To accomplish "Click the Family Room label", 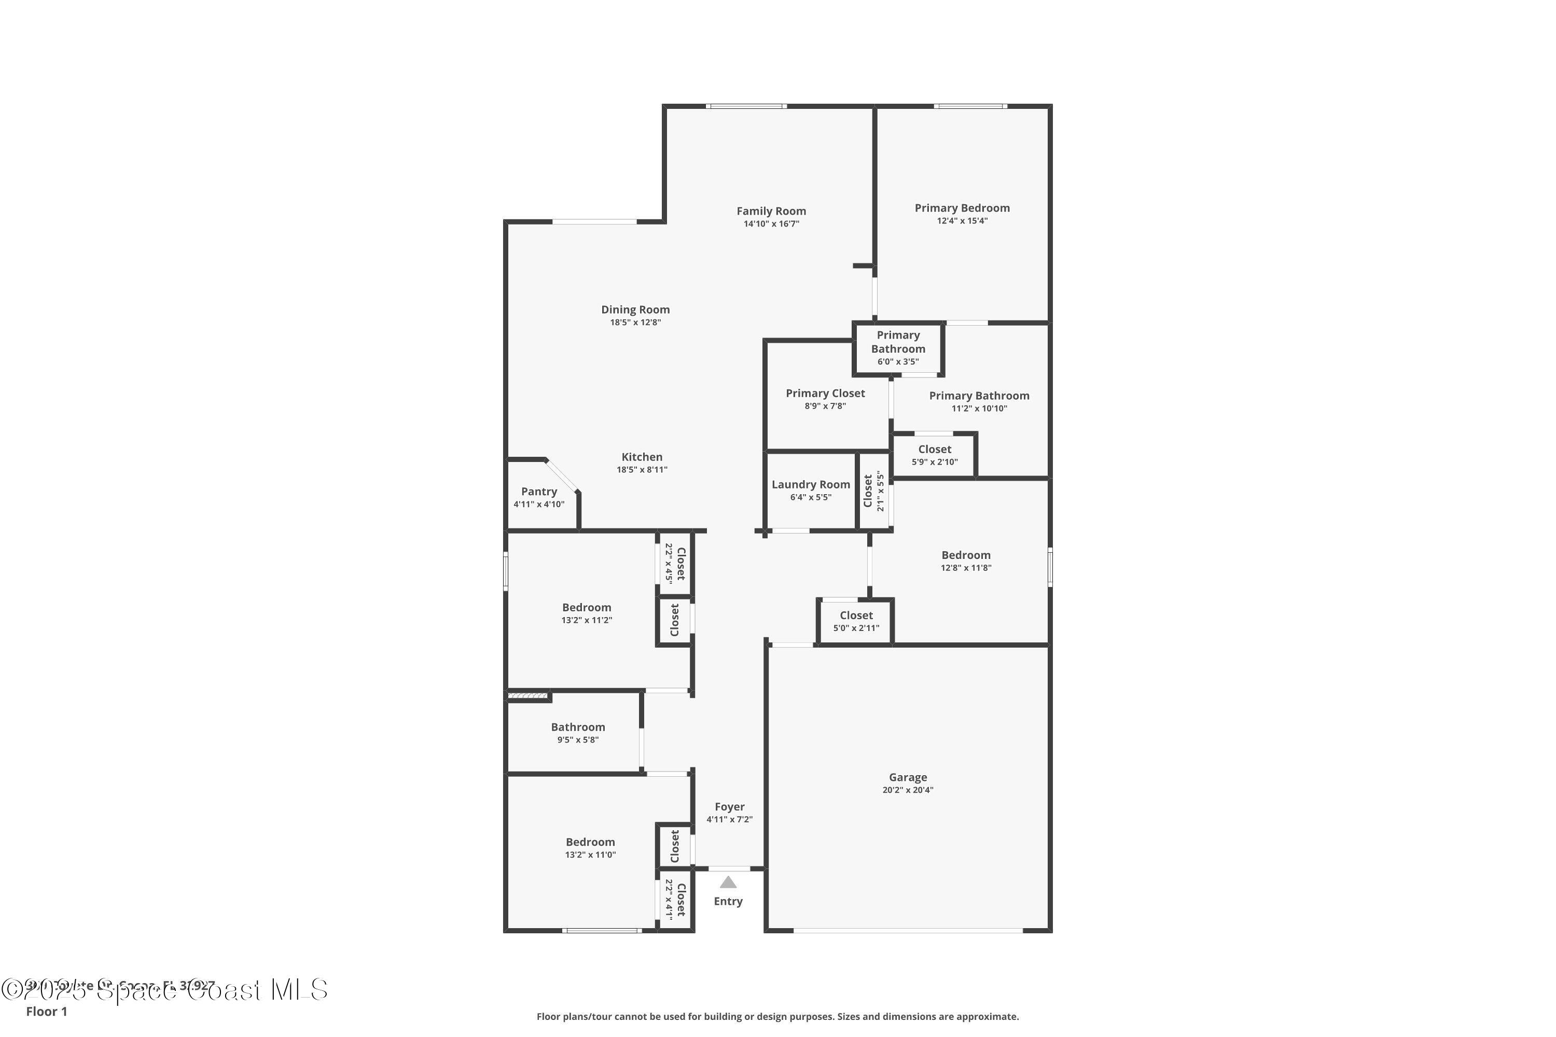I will pyautogui.click(x=771, y=211).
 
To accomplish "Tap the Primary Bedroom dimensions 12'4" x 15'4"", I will pyautogui.click(x=962, y=221).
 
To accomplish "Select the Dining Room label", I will pyautogui.click(x=635, y=310).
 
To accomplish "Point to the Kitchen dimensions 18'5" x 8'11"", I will pyautogui.click(x=642, y=470).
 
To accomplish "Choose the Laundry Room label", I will pyautogui.click(x=810, y=485).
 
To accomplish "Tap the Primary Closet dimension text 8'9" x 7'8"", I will pyautogui.click(x=825, y=406).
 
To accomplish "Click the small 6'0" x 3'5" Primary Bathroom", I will pyautogui.click(x=898, y=348).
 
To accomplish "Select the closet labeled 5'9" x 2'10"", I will pyautogui.click(x=934, y=455).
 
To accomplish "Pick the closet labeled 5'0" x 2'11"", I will pyautogui.click(x=856, y=621).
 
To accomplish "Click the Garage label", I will pyautogui.click(x=908, y=777).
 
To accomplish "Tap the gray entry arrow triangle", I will pyautogui.click(x=728, y=882).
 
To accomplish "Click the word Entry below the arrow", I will pyautogui.click(x=728, y=902).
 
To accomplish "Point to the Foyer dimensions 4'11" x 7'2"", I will pyautogui.click(x=729, y=819).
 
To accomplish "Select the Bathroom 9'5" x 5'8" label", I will pyautogui.click(x=578, y=733).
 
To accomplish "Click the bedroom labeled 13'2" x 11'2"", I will pyautogui.click(x=586, y=613).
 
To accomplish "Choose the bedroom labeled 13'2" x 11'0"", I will pyautogui.click(x=590, y=848).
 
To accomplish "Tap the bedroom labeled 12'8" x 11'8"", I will pyautogui.click(x=966, y=561).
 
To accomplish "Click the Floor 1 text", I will pyautogui.click(x=46, y=1011).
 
